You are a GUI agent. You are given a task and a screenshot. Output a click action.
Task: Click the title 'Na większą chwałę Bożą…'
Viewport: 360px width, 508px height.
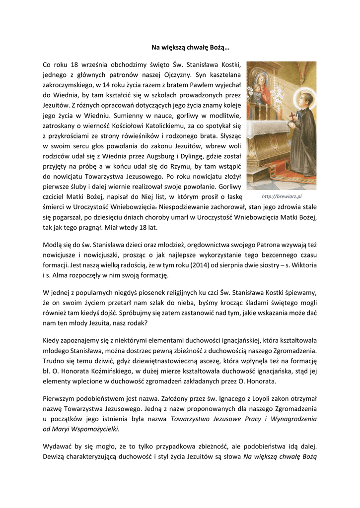[x=190, y=48]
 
